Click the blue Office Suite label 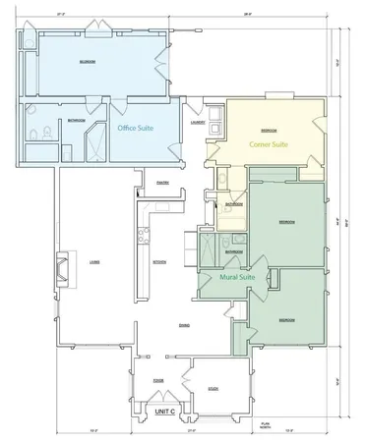pos(135,128)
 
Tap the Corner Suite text pos(268,144)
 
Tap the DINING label pos(183,325)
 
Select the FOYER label pos(157,378)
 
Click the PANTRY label pos(165,181)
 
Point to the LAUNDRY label pos(198,124)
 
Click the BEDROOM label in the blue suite pos(87,61)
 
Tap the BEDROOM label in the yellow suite pos(268,130)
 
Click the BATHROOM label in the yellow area pos(233,204)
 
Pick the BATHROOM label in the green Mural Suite pos(233,251)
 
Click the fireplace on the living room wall pos(62,266)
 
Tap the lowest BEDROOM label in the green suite pos(286,320)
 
